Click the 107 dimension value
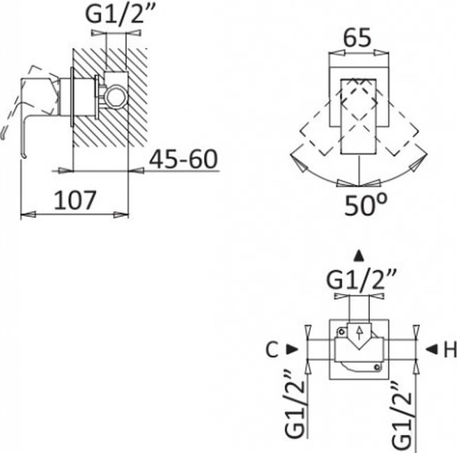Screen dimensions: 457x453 coord(75,200)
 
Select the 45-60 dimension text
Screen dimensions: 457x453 coord(184,159)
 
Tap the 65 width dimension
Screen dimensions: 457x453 coord(357,38)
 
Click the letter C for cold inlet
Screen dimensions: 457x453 coord(272,350)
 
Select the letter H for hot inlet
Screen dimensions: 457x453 coord(450,350)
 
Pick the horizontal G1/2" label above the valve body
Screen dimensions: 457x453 coord(362,280)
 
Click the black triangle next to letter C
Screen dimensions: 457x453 coord(292,349)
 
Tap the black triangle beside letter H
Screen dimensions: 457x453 coord(432,349)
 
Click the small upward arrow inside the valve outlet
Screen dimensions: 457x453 coord(359,332)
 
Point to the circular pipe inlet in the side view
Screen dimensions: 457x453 coord(116,97)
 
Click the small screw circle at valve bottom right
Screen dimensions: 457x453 coord(377,367)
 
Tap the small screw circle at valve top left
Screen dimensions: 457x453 coord(341,332)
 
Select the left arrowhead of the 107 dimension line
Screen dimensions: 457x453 coord(28,215)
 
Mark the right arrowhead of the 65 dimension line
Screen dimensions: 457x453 coord(382,53)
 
